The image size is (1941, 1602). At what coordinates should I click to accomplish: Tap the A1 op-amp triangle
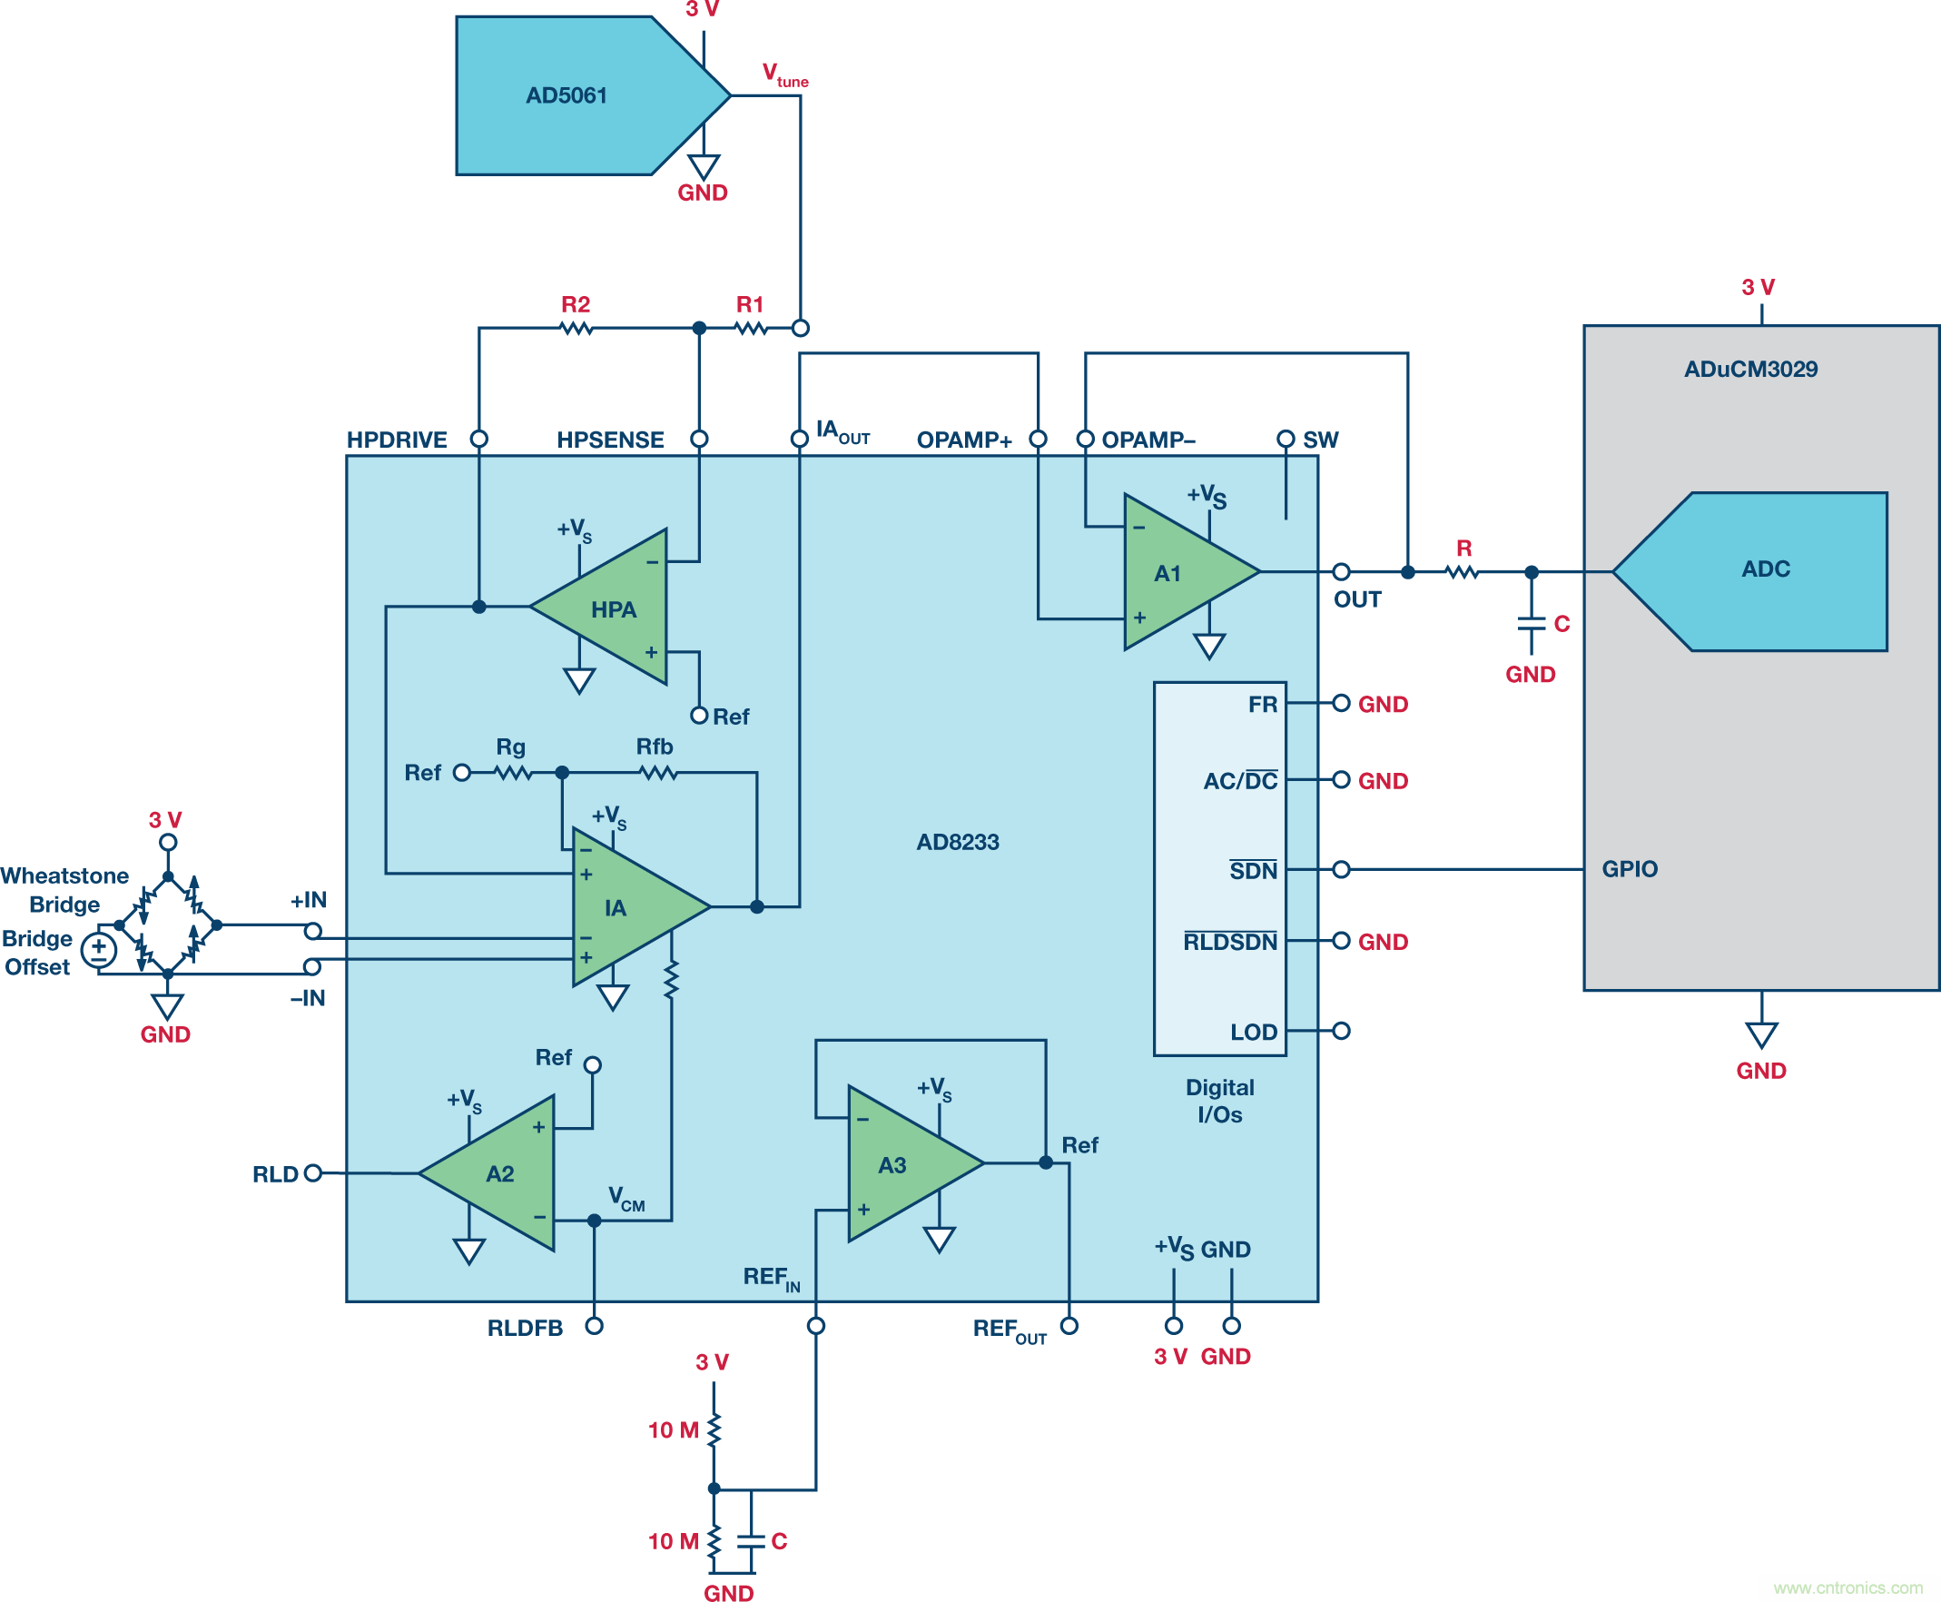tap(1177, 572)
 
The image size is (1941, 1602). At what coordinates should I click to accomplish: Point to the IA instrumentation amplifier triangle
tap(623, 907)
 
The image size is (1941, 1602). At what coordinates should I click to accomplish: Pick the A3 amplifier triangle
tap(900, 1163)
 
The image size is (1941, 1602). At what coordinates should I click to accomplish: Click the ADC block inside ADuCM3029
tap(1762, 570)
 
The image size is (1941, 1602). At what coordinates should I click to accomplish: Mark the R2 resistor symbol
tap(576, 328)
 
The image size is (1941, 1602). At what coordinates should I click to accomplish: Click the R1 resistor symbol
tap(751, 328)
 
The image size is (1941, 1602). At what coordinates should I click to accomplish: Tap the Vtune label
tap(784, 74)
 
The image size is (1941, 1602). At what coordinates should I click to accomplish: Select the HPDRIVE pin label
tap(397, 440)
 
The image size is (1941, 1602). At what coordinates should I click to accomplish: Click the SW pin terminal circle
tap(1286, 439)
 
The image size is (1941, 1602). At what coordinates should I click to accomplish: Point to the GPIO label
tap(1630, 868)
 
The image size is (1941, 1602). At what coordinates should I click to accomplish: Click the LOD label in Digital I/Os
tap(1253, 1032)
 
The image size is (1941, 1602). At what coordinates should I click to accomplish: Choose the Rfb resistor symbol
tap(658, 772)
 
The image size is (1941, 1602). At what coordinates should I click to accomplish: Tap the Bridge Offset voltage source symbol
tap(99, 950)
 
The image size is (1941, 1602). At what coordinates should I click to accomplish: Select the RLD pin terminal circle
tap(312, 1173)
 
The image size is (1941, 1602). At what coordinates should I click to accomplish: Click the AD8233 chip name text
tap(958, 842)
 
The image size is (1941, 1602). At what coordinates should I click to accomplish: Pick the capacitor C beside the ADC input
tap(1532, 625)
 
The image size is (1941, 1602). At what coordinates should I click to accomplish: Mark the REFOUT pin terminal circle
tap(1069, 1326)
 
